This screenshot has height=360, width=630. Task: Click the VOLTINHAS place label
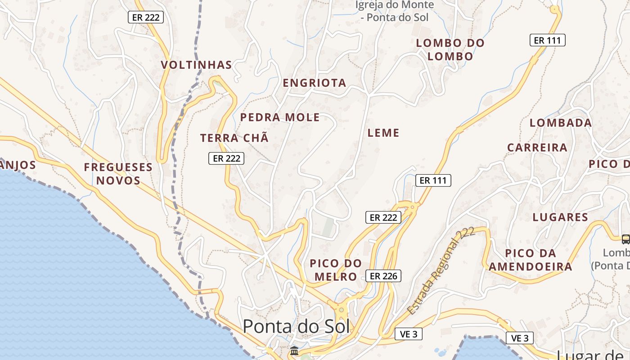pos(197,65)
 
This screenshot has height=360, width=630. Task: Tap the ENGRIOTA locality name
pos(315,83)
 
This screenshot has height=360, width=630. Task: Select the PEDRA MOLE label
pos(280,117)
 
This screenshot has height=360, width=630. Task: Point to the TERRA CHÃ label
pos(234,138)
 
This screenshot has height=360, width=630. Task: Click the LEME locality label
pos(383,133)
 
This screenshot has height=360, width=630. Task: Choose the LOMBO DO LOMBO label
pos(450,49)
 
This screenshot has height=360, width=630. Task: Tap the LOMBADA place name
pos(561,123)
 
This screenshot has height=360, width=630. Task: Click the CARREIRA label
pos(537,148)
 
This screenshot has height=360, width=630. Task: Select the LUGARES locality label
pos(560,217)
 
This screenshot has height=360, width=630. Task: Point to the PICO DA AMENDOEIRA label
pos(531,260)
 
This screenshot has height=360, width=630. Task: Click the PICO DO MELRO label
pos(336,270)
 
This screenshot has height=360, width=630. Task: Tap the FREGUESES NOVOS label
pos(118,174)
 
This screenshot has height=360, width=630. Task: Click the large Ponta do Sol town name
pos(296,326)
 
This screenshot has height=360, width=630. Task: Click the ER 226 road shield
pos(383,276)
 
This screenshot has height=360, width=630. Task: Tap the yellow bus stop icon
pos(625,239)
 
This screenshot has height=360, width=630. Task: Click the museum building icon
pos(294,351)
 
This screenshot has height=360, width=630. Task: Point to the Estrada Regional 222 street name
pos(441,271)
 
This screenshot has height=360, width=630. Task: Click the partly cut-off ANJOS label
pos(18,165)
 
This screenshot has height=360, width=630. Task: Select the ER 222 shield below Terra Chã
pos(226,158)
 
